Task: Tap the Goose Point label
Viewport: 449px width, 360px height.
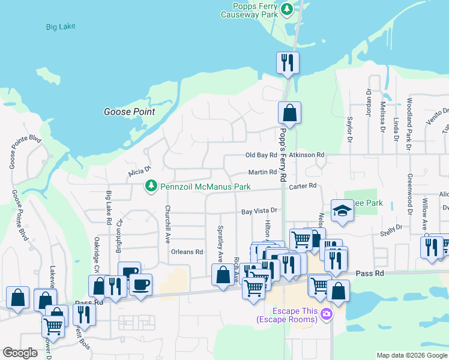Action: click(129, 112)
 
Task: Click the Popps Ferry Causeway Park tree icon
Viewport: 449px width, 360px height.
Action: click(288, 8)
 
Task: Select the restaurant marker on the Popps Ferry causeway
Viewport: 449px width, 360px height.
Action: click(288, 62)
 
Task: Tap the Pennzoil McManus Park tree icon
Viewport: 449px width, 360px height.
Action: click(152, 187)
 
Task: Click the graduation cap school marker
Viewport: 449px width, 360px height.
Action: click(342, 211)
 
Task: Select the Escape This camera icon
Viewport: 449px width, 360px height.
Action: click(326, 313)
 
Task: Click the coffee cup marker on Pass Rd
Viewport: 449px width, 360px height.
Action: click(140, 284)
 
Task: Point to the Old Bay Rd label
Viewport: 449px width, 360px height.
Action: click(261, 155)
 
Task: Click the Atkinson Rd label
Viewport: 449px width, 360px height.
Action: click(306, 155)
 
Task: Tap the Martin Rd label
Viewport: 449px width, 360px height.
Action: click(262, 172)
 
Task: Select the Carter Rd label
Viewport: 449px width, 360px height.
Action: click(302, 187)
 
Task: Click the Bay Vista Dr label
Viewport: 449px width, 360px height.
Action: click(259, 211)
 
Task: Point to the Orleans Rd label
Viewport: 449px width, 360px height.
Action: click(186, 252)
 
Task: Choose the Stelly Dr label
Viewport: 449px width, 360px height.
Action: click(391, 230)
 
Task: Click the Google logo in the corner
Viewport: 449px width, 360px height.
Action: click(20, 353)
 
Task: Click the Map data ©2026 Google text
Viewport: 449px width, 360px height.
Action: click(412, 355)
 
